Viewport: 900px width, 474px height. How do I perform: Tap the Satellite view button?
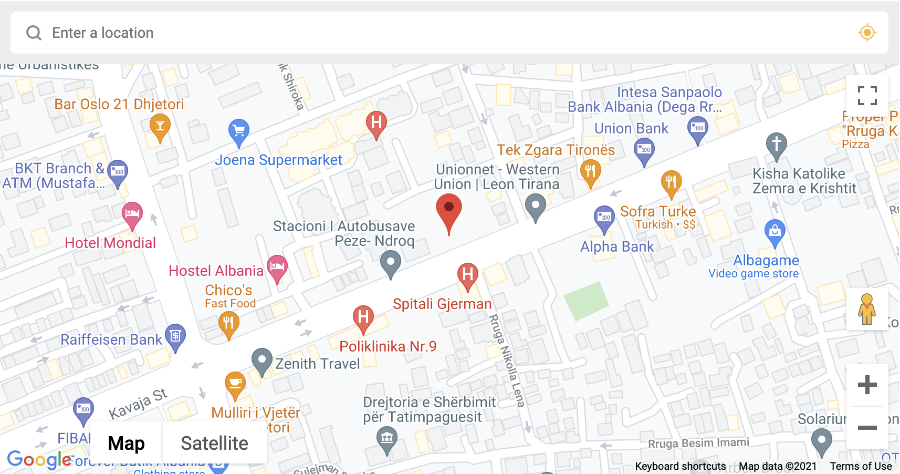click(214, 443)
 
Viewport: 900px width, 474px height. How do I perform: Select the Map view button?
click(126, 443)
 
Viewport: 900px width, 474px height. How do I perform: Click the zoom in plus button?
click(867, 385)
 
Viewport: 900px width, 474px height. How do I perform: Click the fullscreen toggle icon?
click(867, 96)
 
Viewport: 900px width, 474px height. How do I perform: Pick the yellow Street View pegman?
click(866, 309)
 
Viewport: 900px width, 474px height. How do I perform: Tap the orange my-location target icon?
click(867, 33)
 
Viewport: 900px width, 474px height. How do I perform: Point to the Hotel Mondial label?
click(110, 243)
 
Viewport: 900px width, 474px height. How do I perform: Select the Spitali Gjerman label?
click(442, 304)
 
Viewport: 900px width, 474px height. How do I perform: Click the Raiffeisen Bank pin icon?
click(175, 335)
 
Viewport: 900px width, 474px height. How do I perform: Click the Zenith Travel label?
click(318, 364)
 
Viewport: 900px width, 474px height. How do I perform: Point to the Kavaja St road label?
click(138, 403)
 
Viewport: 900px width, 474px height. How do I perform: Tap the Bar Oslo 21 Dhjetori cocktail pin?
click(160, 126)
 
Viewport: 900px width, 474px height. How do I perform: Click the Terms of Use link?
click(861, 466)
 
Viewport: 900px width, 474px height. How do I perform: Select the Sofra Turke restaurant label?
click(658, 211)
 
